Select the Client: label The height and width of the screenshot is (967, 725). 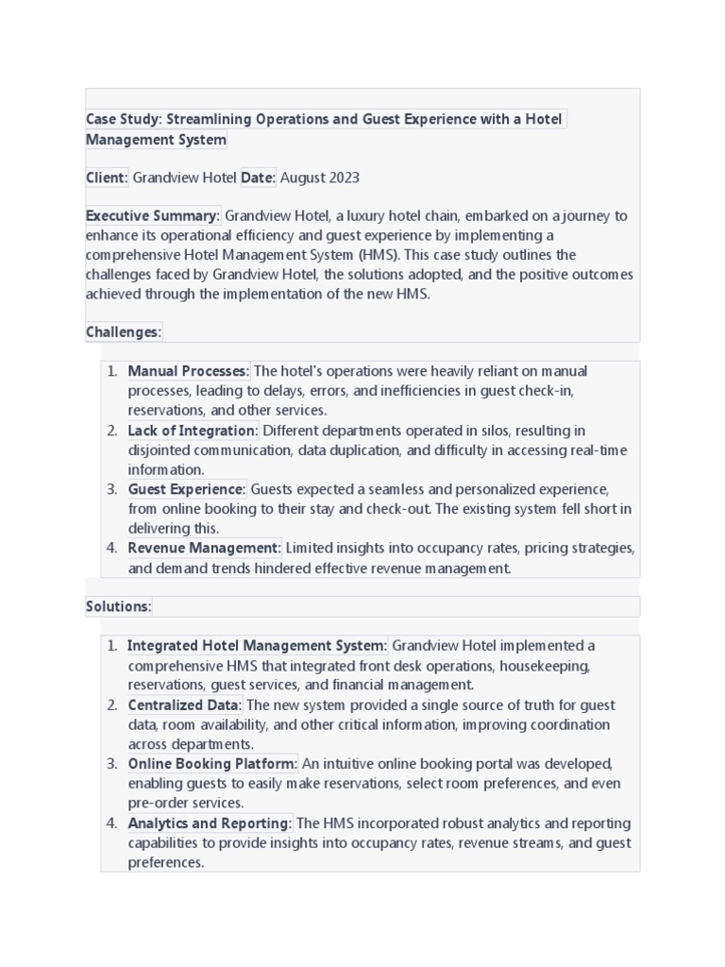(x=106, y=178)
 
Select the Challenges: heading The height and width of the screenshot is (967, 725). (x=124, y=332)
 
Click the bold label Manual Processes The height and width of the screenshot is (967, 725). (x=187, y=371)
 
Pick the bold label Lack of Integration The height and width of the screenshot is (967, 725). (x=192, y=431)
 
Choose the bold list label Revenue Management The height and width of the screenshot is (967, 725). (x=204, y=548)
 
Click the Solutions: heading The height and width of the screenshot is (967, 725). (x=118, y=606)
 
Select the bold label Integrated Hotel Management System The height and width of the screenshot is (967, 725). (x=256, y=646)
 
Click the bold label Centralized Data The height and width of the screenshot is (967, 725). (x=184, y=705)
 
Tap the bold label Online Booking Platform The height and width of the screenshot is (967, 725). (x=212, y=764)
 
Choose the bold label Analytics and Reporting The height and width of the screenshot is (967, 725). (x=209, y=823)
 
